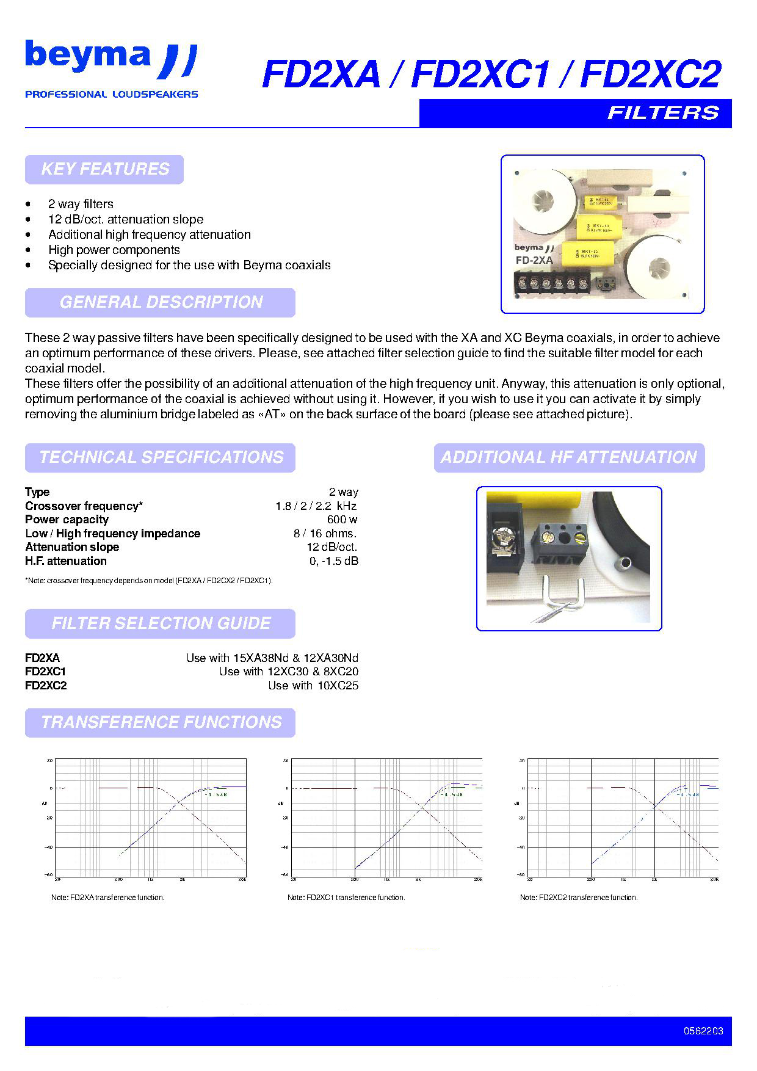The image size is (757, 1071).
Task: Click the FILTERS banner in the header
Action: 662,113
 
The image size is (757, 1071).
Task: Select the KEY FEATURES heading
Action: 104,169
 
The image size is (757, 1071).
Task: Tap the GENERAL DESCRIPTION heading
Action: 161,302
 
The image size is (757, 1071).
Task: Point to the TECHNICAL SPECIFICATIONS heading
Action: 161,457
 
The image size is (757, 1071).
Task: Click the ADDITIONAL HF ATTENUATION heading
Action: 569,457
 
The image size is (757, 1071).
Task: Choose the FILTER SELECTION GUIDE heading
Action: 161,623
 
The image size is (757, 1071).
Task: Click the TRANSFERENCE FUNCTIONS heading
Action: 161,722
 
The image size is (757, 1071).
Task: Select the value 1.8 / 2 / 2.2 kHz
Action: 316,506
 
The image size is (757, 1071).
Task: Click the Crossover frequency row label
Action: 84,506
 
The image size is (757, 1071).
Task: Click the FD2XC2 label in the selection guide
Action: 46,686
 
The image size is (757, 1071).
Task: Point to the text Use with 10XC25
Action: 313,686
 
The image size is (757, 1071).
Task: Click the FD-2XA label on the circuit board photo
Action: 534,260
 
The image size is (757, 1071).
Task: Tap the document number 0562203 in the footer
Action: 703,1031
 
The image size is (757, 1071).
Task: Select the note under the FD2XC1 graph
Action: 346,898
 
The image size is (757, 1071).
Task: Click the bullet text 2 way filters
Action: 81,204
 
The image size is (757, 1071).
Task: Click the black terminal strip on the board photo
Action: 553,283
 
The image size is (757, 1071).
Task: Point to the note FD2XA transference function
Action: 108,898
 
